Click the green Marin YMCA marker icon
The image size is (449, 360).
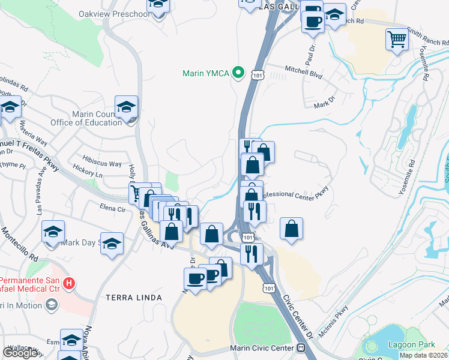click(x=238, y=73)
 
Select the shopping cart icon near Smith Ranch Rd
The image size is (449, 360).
click(x=397, y=40)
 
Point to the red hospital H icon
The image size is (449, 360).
click(x=70, y=283)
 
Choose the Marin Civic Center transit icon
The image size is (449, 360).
click(x=301, y=348)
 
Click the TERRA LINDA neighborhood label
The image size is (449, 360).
click(x=133, y=298)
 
